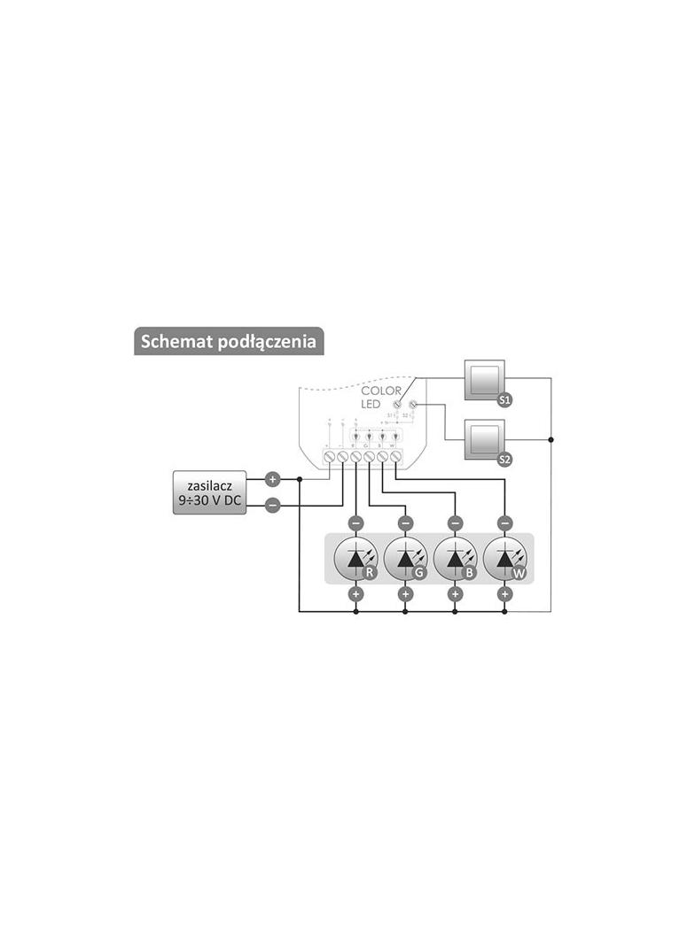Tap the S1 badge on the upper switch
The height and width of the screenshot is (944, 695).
coord(504,400)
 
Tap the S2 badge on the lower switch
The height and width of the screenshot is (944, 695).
coord(504,459)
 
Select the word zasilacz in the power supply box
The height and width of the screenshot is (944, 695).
coord(209,487)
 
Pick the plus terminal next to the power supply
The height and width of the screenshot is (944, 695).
coord(273,479)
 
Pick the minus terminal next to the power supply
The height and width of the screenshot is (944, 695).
coord(273,505)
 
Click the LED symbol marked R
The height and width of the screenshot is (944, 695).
coord(355,559)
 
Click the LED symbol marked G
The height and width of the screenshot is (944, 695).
coord(405,559)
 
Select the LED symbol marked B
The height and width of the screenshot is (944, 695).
coord(455,559)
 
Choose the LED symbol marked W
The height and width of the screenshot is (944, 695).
coord(504,559)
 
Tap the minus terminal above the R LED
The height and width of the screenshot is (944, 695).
coord(355,522)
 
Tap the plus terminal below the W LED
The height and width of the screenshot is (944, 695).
coord(504,594)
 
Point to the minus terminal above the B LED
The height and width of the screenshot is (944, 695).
coord(455,522)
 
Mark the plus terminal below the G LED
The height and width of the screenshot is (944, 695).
coord(405,594)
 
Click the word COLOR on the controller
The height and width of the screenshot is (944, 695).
coord(381,391)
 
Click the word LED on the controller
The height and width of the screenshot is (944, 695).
coord(371,405)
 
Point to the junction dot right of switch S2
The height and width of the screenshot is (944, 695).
coord(551,438)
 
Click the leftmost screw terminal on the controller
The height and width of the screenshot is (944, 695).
coord(329,457)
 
